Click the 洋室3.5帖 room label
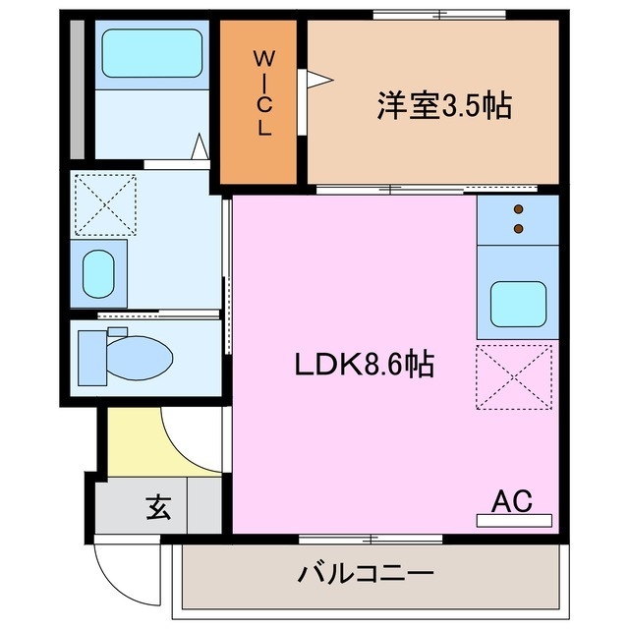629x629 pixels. tap(444, 106)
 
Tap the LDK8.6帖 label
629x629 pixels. tap(365, 365)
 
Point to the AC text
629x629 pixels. tap(511, 501)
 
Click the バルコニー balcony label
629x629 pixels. tap(367, 572)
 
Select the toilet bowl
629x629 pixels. tap(141, 355)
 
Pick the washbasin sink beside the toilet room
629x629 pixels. tap(97, 272)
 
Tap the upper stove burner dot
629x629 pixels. tap(519, 209)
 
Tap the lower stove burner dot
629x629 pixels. tap(519, 229)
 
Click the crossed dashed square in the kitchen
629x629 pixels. tap(515, 376)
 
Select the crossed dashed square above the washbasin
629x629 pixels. tap(105, 204)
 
